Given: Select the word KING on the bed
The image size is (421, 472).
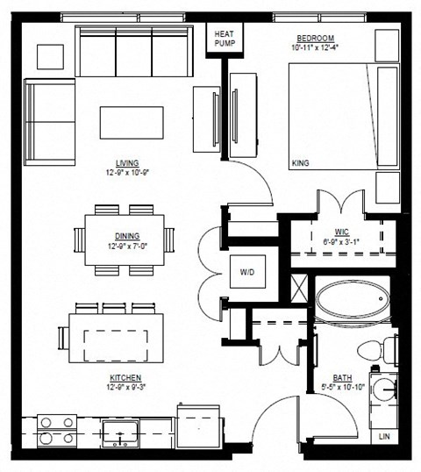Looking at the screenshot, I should coord(301,163).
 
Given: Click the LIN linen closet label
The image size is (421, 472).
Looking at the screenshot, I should coord(383,435).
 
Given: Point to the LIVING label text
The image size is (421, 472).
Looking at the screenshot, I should coord(127,163).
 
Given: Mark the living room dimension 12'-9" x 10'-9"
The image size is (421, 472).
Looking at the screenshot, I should coord(127,172).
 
